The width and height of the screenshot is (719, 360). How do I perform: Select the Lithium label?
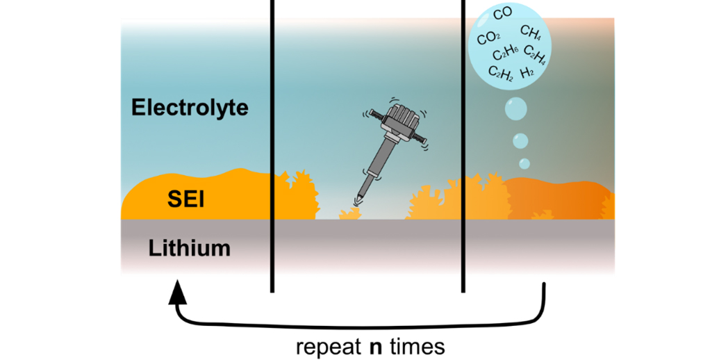pyautogui.click(x=189, y=247)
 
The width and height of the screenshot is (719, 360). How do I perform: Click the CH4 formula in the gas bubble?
pyautogui.click(x=531, y=33)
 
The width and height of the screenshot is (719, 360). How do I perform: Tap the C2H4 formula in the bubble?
pyautogui.click(x=535, y=53)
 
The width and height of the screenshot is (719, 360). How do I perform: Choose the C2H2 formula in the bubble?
pyautogui.click(x=501, y=72)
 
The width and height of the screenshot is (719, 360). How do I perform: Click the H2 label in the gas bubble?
pyautogui.click(x=527, y=72)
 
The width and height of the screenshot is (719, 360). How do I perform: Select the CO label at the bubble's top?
pyautogui.click(x=502, y=14)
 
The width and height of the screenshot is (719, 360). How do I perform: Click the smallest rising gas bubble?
pyautogui.click(x=524, y=163)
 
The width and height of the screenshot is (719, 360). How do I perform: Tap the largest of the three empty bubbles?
pyautogui.click(x=516, y=110)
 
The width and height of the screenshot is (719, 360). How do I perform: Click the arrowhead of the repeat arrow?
pyautogui.click(x=179, y=291)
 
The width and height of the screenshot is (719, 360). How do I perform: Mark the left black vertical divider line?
pyautogui.click(x=272, y=146)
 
